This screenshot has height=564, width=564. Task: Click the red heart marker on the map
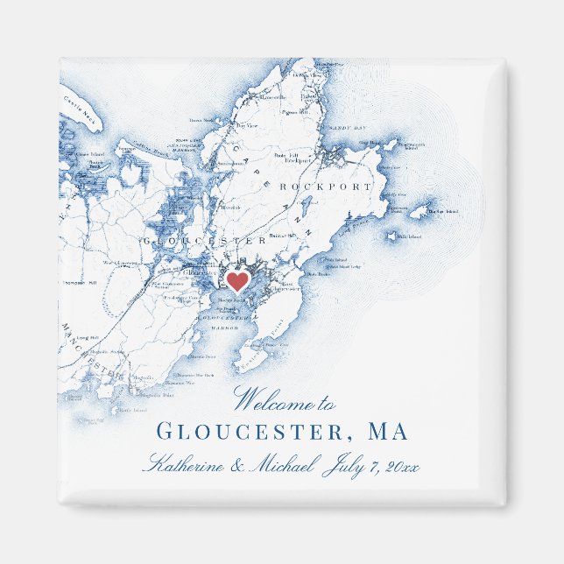click(236, 281)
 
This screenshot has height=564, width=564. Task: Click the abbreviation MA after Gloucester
click(388, 432)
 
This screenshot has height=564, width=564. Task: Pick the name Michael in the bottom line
click(279, 465)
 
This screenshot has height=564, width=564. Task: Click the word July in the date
click(342, 465)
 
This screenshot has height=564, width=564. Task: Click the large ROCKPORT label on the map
click(324, 187)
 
